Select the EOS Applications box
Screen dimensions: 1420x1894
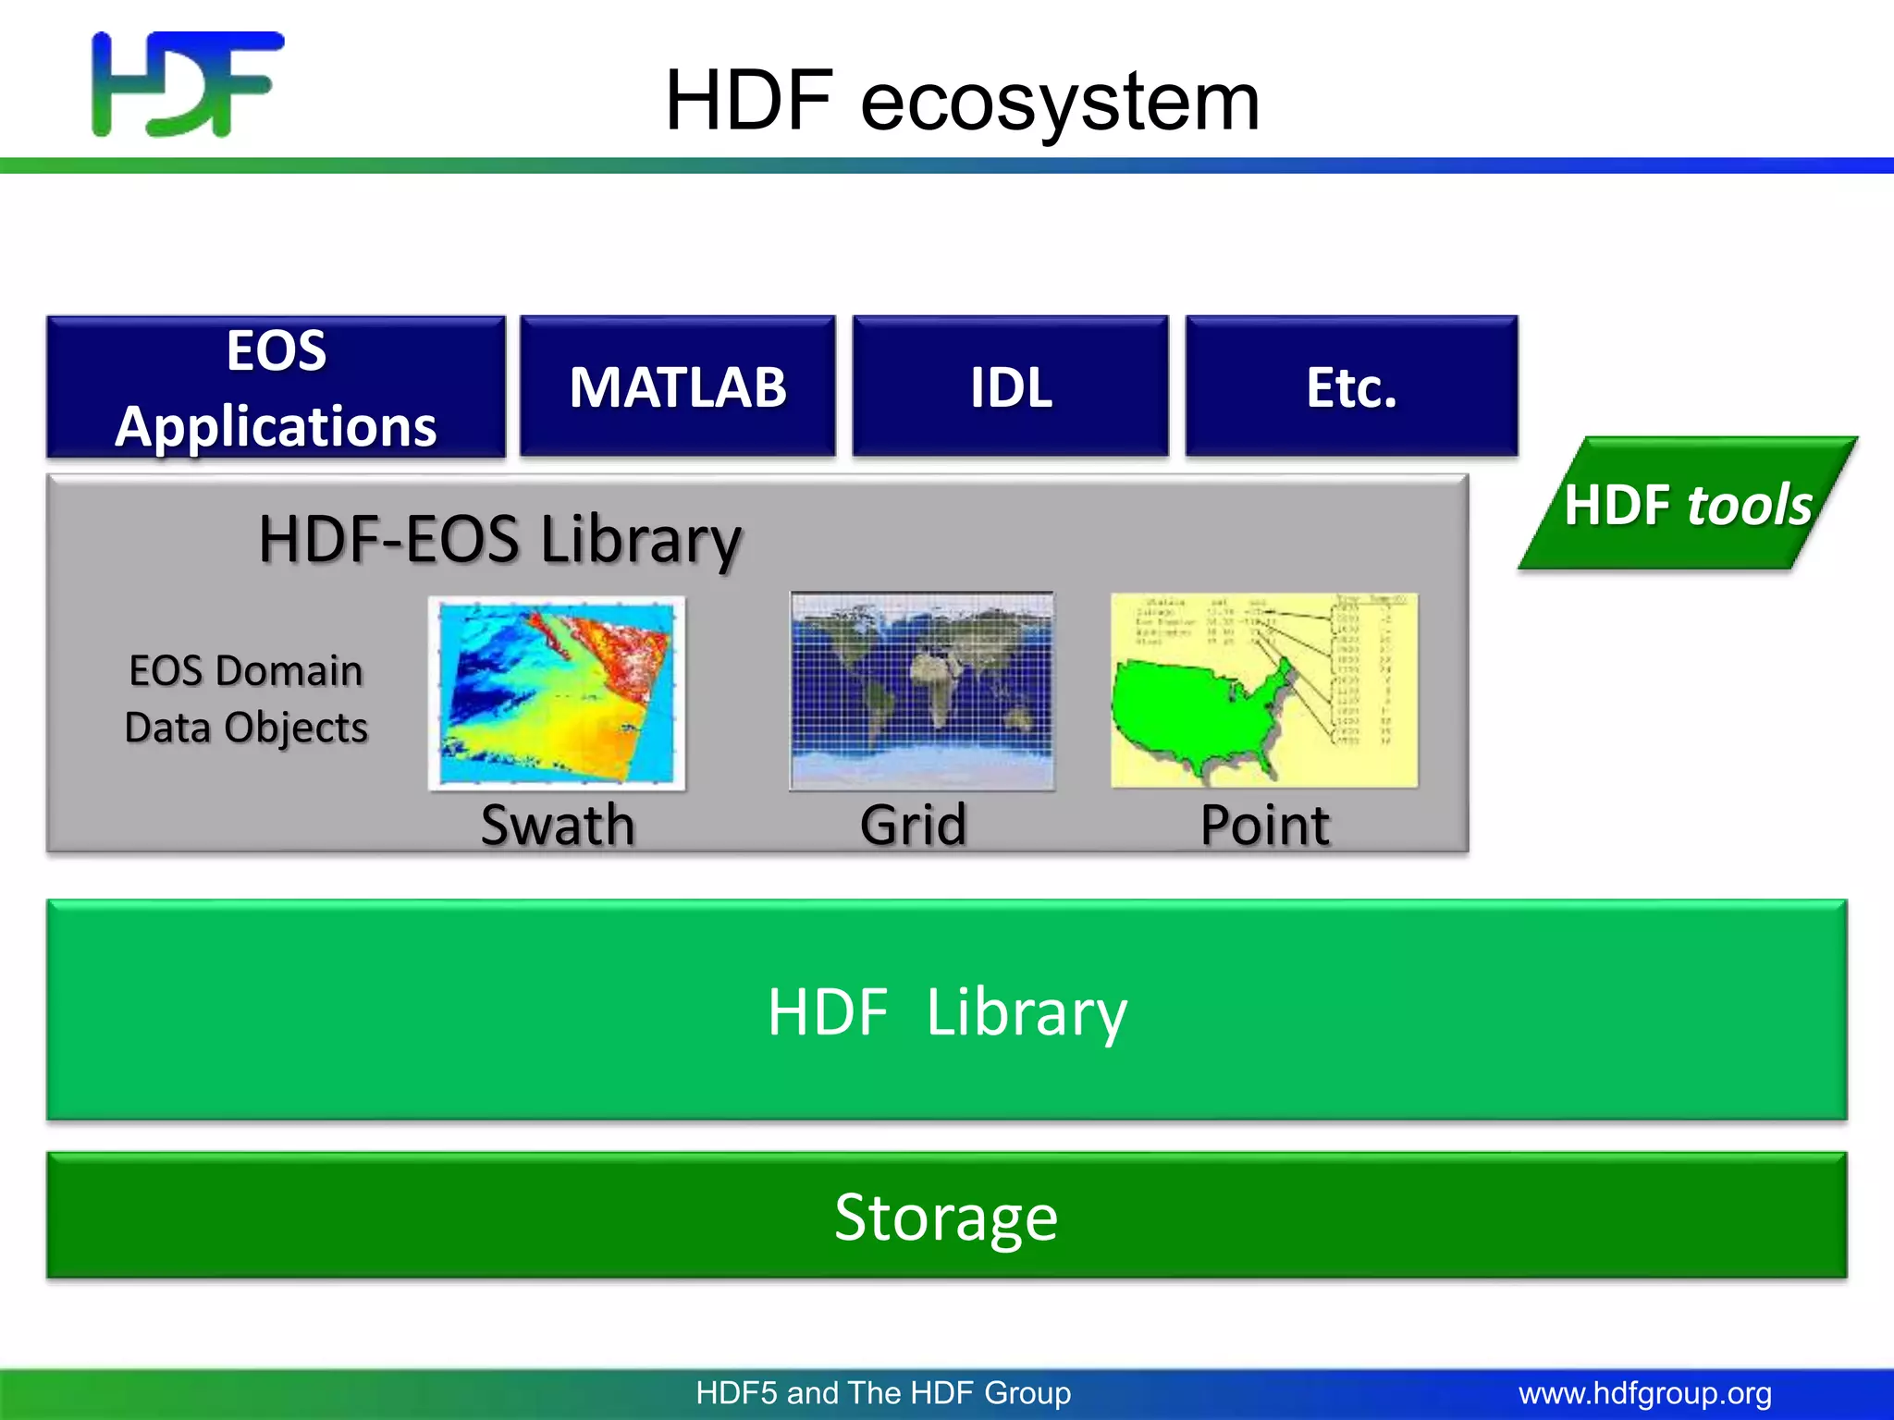click(x=276, y=387)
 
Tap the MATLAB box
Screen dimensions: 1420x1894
click(x=677, y=387)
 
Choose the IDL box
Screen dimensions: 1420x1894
click(x=1010, y=387)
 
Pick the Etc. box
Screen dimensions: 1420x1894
click(x=1350, y=387)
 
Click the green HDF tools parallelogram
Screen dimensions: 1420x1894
click(x=1687, y=505)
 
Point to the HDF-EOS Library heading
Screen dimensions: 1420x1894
click(x=499, y=539)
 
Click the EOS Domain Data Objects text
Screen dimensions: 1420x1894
click(x=246, y=699)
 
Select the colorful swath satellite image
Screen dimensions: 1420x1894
click(x=557, y=692)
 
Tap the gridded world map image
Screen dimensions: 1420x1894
click(x=921, y=691)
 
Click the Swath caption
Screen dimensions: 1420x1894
click(x=558, y=825)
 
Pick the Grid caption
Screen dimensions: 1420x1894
click(x=913, y=825)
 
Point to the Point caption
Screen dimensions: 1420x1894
click(x=1264, y=825)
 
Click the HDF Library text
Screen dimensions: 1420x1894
click(x=947, y=1012)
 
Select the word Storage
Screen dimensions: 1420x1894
click(x=945, y=1217)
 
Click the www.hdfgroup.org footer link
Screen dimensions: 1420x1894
click(x=1644, y=1393)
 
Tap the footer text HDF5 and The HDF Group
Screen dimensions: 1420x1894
click(x=883, y=1393)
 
